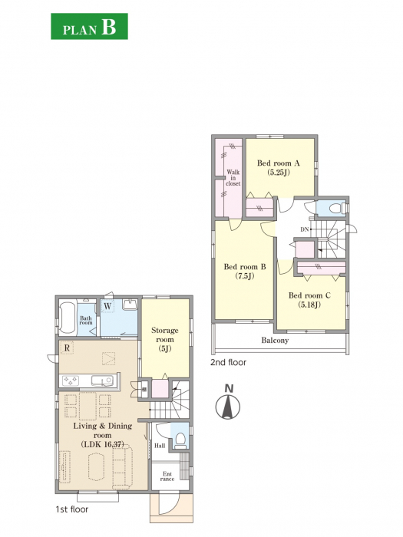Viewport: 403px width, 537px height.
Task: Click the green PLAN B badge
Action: click(x=90, y=26)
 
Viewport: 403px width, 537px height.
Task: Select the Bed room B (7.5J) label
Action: click(x=245, y=271)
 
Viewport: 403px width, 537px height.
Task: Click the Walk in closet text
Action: click(x=233, y=178)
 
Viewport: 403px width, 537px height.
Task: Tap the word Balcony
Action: click(x=275, y=341)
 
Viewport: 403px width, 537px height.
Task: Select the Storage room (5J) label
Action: click(x=165, y=339)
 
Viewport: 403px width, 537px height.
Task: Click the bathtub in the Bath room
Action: click(x=68, y=318)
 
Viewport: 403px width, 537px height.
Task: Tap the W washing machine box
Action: click(x=107, y=306)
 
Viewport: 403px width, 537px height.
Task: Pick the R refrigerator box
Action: click(x=68, y=348)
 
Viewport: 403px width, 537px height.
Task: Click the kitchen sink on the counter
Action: click(x=102, y=381)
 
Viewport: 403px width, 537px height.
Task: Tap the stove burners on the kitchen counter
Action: click(x=71, y=381)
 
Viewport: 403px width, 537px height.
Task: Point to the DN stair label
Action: click(x=305, y=230)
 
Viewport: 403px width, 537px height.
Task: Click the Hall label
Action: click(x=160, y=446)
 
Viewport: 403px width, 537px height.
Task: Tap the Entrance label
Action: click(x=167, y=476)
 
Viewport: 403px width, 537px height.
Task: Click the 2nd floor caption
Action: click(x=228, y=362)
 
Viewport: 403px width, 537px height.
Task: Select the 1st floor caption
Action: click(x=72, y=509)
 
